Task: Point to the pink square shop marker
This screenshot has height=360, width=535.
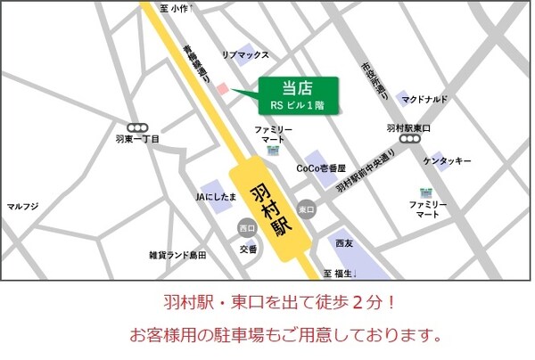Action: (x=223, y=88)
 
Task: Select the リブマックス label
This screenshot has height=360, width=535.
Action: (x=245, y=55)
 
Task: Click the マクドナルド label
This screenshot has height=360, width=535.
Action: (x=424, y=99)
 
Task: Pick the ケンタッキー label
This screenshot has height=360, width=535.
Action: (x=448, y=161)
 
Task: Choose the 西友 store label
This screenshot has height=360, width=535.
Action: (x=344, y=242)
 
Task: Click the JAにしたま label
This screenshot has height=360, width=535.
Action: (x=216, y=195)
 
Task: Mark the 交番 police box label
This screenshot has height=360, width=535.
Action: (x=248, y=249)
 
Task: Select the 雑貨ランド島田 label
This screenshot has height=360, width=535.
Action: (x=177, y=255)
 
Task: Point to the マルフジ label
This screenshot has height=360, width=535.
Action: (x=22, y=207)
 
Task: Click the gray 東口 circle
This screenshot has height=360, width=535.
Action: (x=307, y=209)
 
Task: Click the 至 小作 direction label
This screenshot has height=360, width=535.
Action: (x=177, y=8)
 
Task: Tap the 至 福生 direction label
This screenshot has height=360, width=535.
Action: (x=340, y=273)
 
